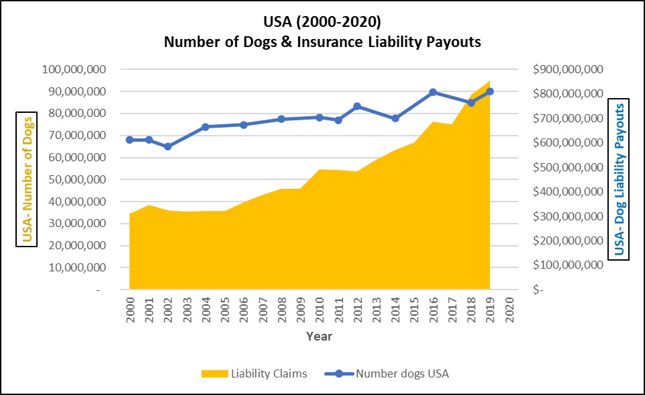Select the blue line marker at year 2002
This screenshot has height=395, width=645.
(x=168, y=146)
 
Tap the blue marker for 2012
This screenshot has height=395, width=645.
(x=357, y=106)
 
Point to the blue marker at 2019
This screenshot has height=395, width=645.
(x=490, y=91)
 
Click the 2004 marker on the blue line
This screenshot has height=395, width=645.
(x=205, y=126)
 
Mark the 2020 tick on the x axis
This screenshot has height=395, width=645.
(x=509, y=308)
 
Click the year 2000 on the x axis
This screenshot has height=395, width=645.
(x=130, y=308)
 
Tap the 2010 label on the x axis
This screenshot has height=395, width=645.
(x=319, y=308)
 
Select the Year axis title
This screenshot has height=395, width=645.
(x=319, y=336)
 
